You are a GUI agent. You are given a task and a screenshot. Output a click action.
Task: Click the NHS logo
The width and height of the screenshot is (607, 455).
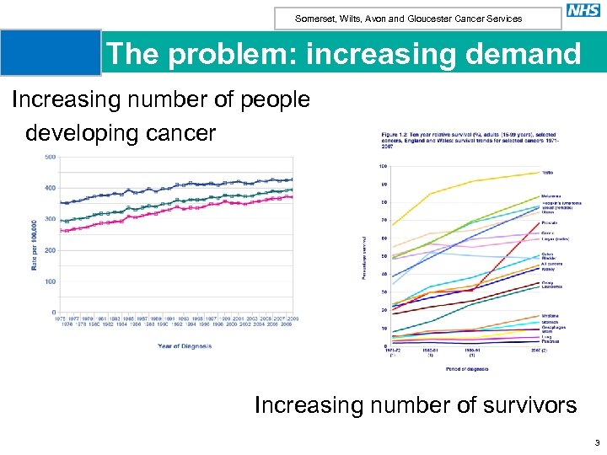(583, 11)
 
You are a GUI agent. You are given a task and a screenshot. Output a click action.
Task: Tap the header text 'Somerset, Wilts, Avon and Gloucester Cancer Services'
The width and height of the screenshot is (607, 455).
(408, 19)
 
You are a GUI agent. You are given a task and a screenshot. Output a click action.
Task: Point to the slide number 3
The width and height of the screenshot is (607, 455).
(596, 442)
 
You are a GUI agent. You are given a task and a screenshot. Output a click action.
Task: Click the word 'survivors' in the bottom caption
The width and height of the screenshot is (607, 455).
(517, 405)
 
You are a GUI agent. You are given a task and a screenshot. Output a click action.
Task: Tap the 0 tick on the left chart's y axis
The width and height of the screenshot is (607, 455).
(54, 313)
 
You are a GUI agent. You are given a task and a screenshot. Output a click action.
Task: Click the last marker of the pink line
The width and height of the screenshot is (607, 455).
(291, 197)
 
